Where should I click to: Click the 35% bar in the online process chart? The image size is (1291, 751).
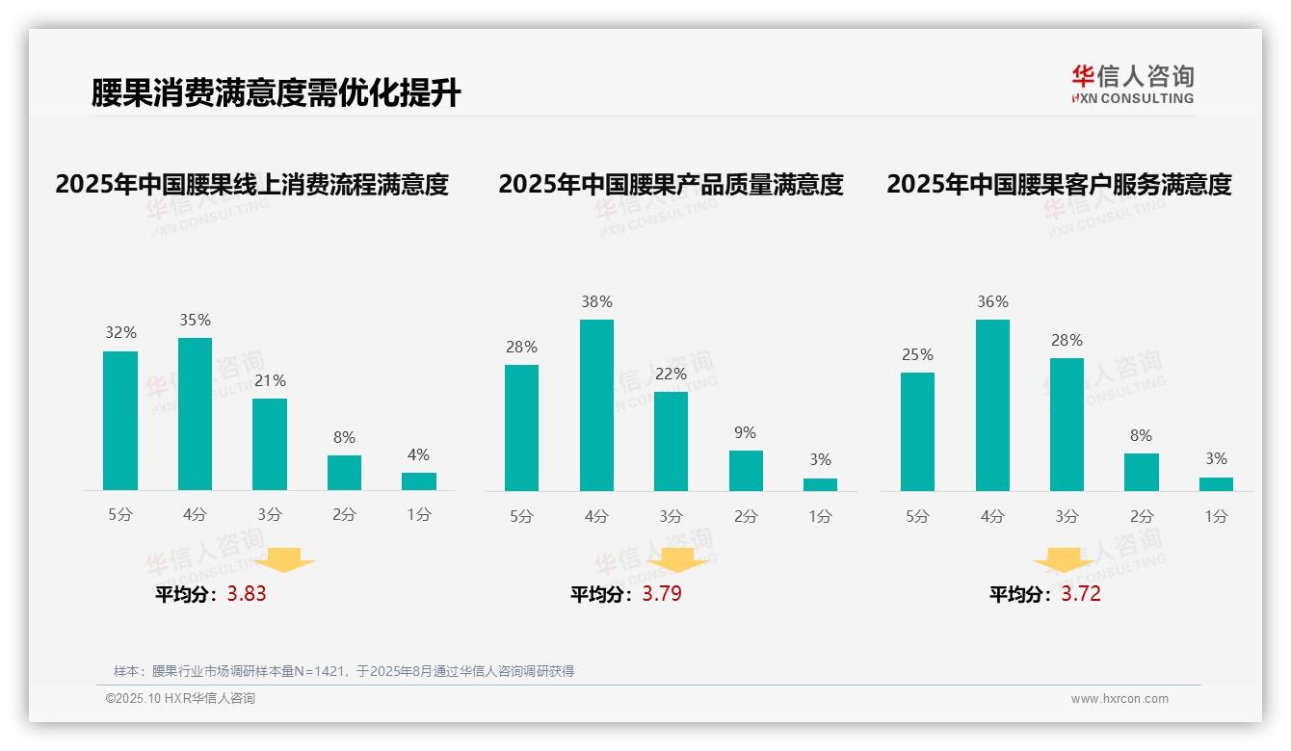[x=195, y=414]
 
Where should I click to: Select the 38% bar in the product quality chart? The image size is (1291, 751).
[x=596, y=405]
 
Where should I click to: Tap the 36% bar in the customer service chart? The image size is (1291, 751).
[x=992, y=405]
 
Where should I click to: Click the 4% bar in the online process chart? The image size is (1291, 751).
[x=419, y=481]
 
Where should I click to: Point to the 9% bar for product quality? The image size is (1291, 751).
[x=746, y=471]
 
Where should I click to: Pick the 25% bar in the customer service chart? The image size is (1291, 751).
[x=917, y=431]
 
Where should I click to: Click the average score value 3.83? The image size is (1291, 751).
[x=247, y=594]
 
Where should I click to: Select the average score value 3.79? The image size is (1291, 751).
[x=662, y=594]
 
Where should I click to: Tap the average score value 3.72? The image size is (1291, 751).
[x=1081, y=594]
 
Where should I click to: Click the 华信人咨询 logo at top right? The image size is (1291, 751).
[x=1132, y=84]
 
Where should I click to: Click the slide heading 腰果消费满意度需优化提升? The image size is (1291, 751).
[x=276, y=93]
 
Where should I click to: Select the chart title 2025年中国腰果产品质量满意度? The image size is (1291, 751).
[x=671, y=185]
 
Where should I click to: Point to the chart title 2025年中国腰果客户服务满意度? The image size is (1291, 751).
[x=1059, y=185]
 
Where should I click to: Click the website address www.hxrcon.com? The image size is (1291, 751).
[x=1120, y=699]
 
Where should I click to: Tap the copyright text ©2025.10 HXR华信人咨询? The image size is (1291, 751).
[x=180, y=699]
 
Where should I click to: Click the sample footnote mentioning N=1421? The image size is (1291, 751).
[x=344, y=671]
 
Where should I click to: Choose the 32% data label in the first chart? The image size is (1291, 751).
[x=120, y=333]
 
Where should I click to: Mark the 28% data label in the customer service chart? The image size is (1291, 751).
[x=1067, y=341]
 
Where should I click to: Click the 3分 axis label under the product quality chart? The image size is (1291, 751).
[x=671, y=516]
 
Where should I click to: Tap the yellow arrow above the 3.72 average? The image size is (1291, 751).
[x=1064, y=562]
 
